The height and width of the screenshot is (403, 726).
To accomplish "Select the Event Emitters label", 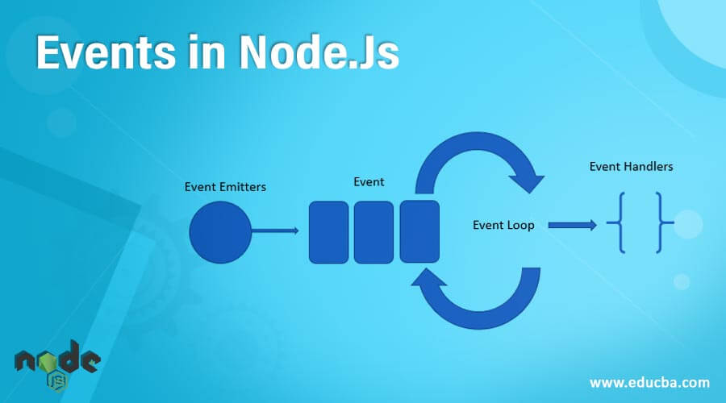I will click(225, 187).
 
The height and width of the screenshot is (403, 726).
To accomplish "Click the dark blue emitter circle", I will click(220, 232).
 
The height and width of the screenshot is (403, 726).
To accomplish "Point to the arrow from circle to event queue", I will click(274, 231).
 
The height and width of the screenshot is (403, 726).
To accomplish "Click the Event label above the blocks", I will click(369, 181).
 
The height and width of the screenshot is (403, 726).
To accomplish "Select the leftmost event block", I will click(328, 232).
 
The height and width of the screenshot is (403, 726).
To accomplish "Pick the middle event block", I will click(373, 232).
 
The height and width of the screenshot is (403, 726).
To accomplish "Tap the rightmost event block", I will click(419, 232).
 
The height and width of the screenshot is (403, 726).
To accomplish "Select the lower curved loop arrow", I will click(476, 302).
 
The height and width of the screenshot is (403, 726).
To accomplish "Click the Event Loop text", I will click(503, 225).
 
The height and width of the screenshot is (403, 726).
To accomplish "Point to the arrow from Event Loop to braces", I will click(573, 225).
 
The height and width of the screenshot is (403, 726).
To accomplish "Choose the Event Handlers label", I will click(631, 167).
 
